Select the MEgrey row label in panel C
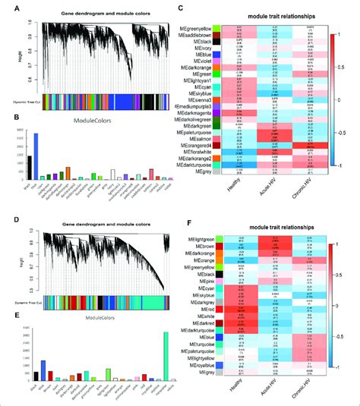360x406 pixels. [201, 173]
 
